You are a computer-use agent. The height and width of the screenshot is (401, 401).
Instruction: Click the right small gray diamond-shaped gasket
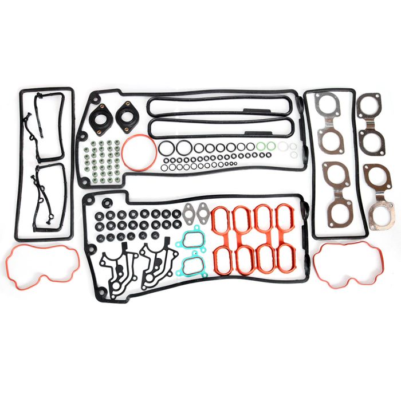click(202, 213)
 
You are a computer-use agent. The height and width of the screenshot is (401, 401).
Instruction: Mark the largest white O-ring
click(283, 147)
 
